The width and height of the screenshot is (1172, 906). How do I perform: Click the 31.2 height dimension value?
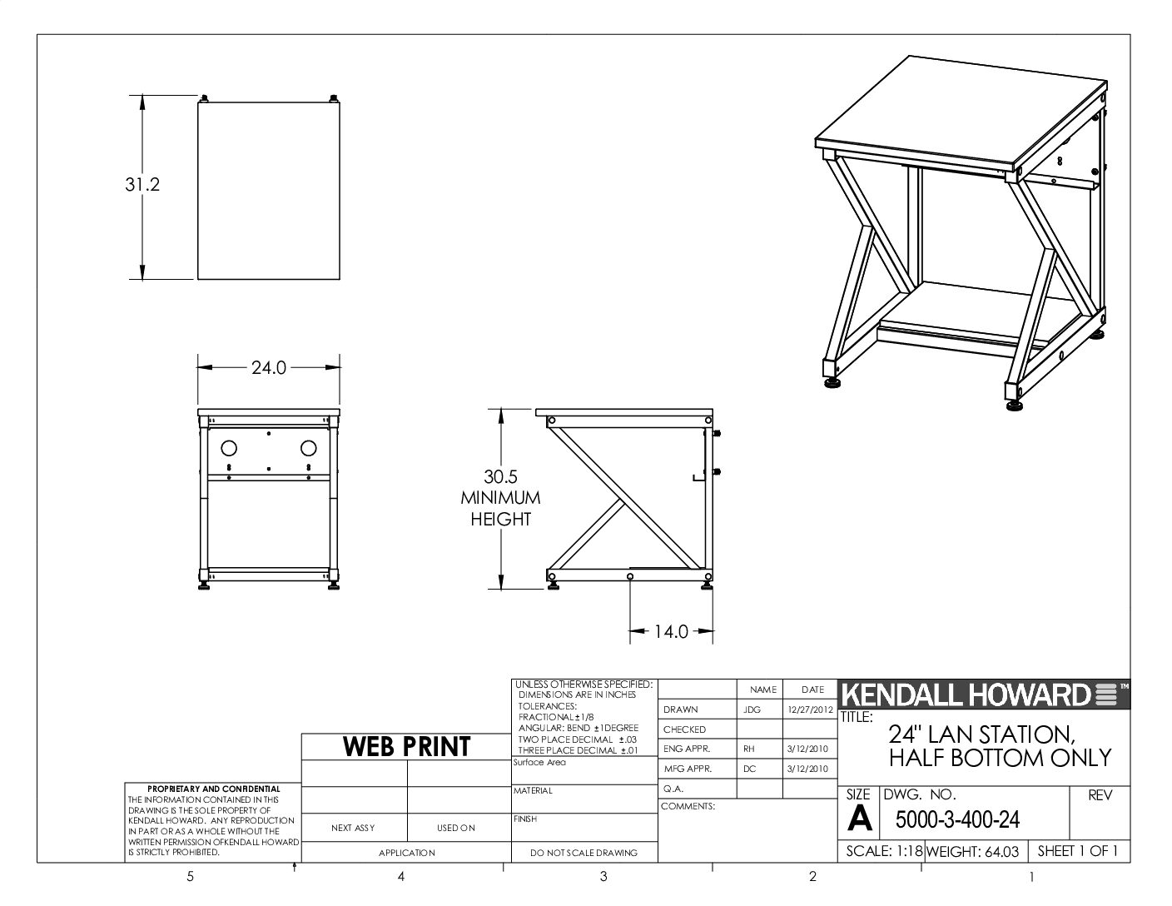point(142,185)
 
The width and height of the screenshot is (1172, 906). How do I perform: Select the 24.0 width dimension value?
point(269,367)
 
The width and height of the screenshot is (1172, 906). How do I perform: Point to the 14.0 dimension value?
point(671,631)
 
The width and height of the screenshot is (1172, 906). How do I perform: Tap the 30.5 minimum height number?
point(500,476)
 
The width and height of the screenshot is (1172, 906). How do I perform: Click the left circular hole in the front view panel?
point(229,448)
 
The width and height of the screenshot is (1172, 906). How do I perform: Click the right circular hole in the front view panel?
point(309,448)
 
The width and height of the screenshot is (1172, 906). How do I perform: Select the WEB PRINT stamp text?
point(407,747)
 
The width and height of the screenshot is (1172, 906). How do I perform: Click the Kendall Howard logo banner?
point(984,694)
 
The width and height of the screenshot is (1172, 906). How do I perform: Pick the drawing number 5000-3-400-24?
point(957,820)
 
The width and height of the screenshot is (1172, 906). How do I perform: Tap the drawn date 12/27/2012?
point(810,709)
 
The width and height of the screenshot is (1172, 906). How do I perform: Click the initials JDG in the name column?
point(752,709)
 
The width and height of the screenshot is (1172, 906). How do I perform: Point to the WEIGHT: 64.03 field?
point(972,852)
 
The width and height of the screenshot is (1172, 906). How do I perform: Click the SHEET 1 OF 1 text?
point(1078,851)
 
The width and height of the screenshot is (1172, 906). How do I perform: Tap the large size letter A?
point(859,819)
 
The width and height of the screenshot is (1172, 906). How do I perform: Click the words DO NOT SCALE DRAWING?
point(584,853)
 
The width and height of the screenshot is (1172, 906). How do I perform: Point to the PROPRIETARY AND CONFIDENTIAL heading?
point(214,789)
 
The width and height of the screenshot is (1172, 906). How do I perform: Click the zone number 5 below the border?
point(190,877)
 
